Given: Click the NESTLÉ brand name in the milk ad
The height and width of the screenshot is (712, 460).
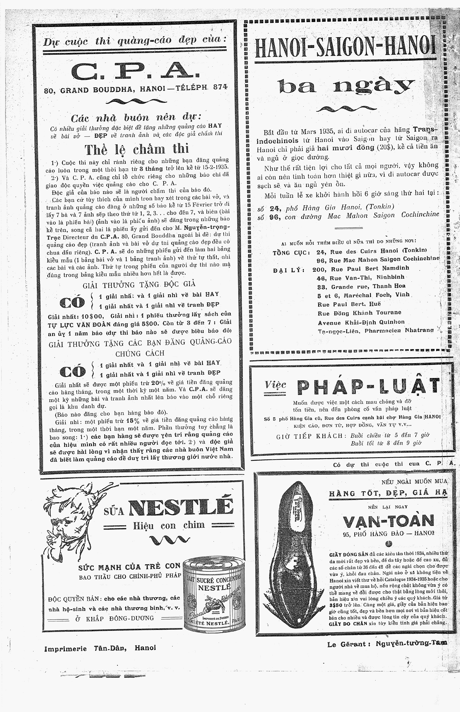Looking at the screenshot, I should click(x=181, y=506).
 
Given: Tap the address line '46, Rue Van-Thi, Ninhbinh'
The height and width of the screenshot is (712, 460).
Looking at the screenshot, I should click(x=360, y=277).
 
